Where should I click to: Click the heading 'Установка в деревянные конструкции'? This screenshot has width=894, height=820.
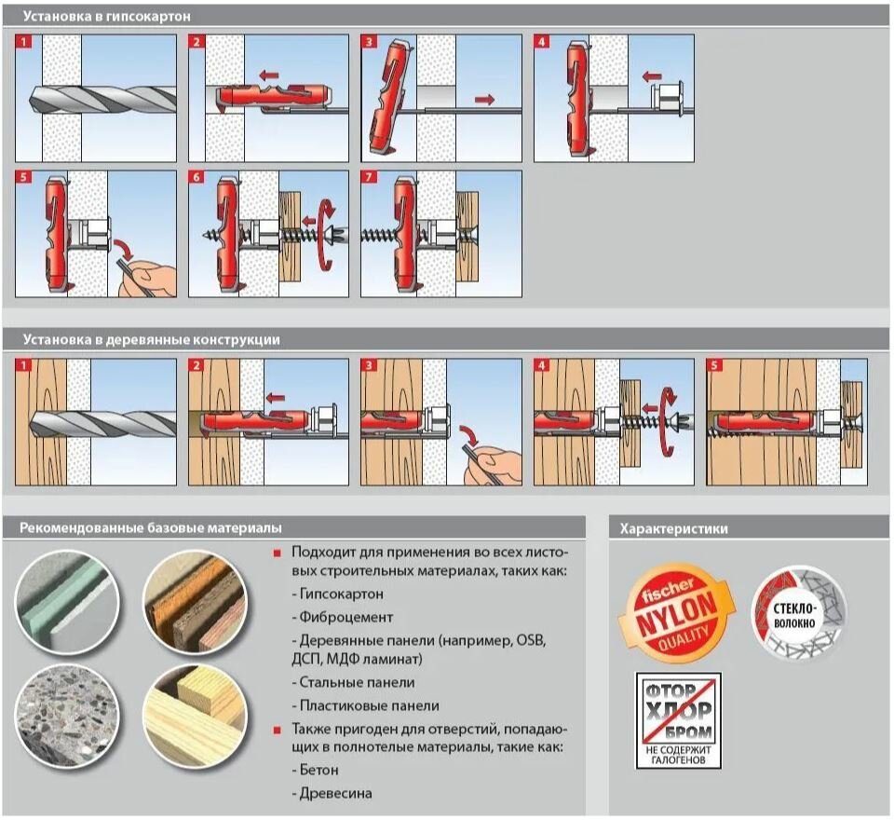(152, 339)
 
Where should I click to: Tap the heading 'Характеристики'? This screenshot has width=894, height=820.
(674, 528)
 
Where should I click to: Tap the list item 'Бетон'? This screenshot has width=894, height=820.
(318, 771)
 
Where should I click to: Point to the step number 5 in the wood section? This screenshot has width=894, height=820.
(714, 366)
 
